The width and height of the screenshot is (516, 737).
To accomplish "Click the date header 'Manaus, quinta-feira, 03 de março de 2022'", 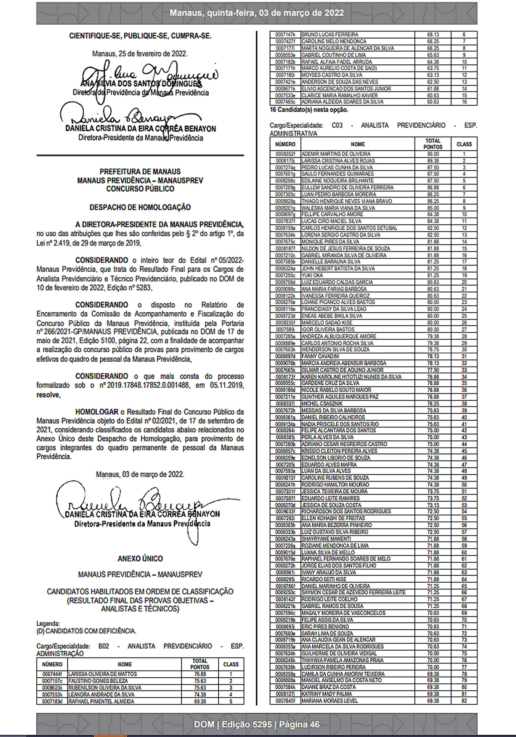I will click(256, 13).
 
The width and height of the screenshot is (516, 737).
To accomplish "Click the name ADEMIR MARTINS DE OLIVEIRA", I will click(336, 154).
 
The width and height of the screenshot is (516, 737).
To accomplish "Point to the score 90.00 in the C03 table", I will click(433, 154).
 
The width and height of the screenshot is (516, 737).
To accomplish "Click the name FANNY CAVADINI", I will click(320, 356).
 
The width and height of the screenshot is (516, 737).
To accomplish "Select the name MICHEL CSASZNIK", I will click(322, 403).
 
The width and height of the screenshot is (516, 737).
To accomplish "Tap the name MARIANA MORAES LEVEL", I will click(329, 701).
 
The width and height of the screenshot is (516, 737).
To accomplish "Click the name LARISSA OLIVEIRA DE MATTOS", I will click(102, 674).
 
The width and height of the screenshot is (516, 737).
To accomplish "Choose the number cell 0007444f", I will click(52, 674).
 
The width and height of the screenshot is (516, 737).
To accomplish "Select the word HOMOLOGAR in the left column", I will click(97, 412).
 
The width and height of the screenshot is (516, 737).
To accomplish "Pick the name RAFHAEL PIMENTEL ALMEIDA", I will click(101, 701).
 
